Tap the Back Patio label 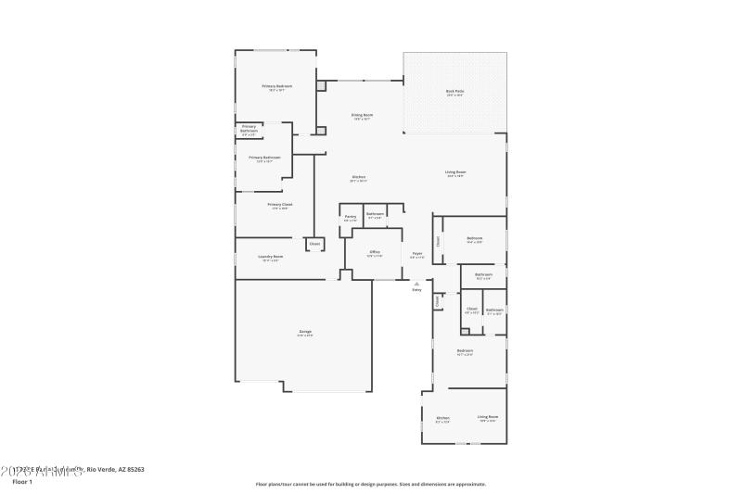(x=454, y=91)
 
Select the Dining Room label (x=361, y=115)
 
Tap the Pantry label (x=350, y=216)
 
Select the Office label (x=375, y=251)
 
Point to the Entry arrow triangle (x=416, y=284)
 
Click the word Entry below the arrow (x=416, y=290)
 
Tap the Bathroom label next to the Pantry (x=375, y=214)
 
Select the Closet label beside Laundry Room (x=314, y=244)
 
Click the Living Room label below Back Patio (x=454, y=172)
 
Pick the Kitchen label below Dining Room (x=358, y=177)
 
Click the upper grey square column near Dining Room (x=321, y=86)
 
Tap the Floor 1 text (x=21, y=482)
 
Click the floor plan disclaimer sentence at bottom (x=370, y=483)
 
